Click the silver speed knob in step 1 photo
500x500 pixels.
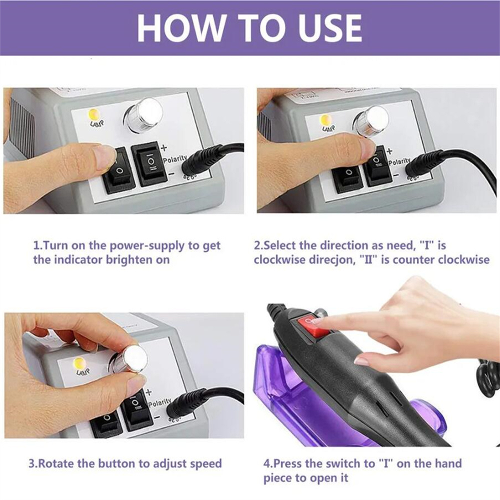[x=144, y=114]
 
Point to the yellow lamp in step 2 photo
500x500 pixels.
[x=326, y=120]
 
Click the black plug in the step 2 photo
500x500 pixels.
[x=425, y=163]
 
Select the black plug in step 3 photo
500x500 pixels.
[x=187, y=403]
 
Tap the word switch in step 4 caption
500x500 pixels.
[x=341, y=463]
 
